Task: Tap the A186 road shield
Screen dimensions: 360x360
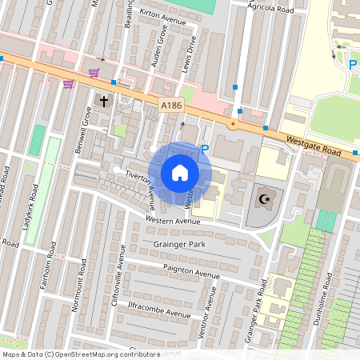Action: coord(170,105)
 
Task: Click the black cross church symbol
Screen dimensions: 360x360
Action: coord(103,101)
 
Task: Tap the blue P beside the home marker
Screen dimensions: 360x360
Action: coord(204,150)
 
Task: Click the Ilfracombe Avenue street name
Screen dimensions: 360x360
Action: coord(152,312)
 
